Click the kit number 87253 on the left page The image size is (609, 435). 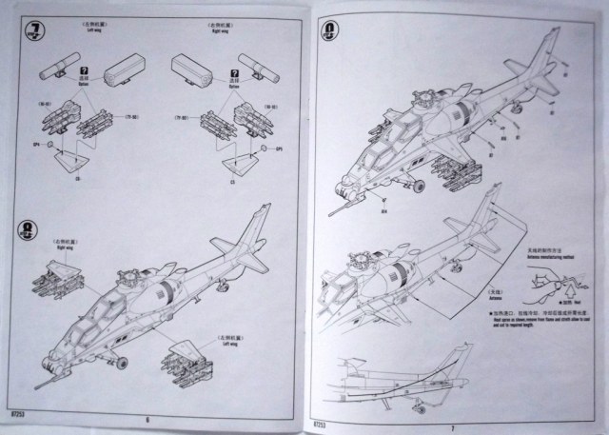point(17,417)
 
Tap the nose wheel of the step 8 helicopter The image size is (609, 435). point(122,363)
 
